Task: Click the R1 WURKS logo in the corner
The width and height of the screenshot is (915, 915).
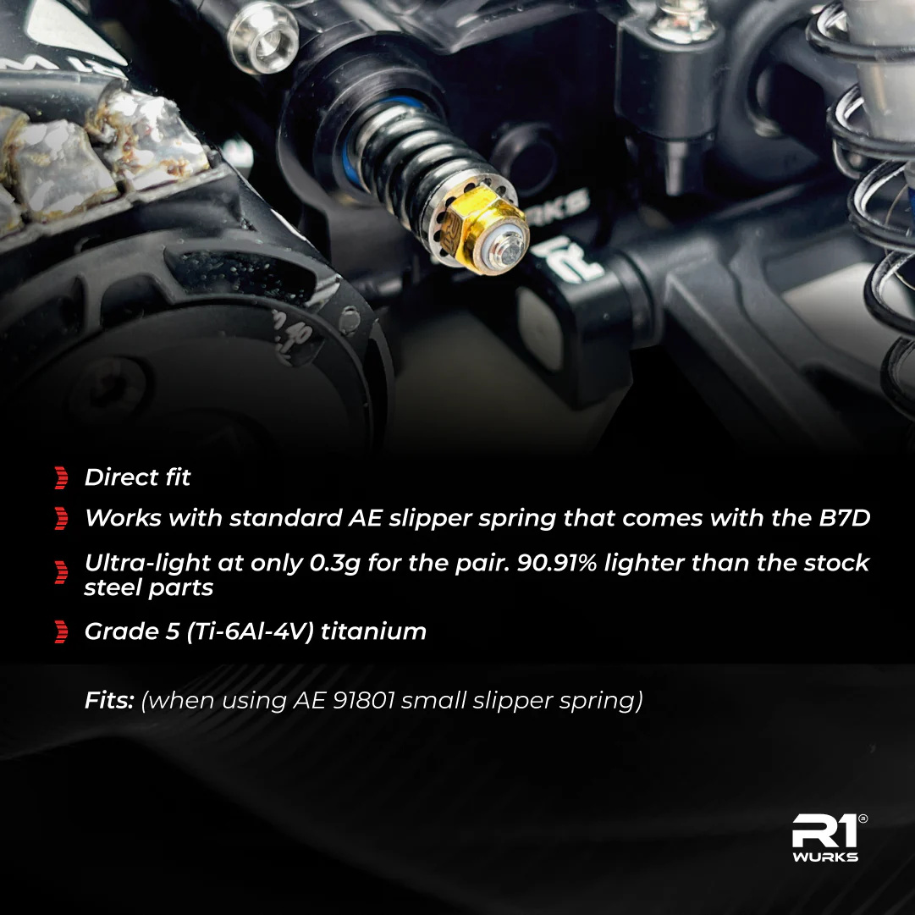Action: [x=828, y=838]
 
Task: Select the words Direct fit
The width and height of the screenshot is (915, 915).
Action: [x=137, y=477]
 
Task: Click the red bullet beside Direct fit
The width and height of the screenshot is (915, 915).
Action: [x=61, y=477]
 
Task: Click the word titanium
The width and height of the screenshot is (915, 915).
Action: [x=373, y=632]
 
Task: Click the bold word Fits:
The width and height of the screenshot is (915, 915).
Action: [x=109, y=700]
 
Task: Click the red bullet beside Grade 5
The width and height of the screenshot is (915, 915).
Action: [x=61, y=632]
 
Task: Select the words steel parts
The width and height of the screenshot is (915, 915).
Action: [x=149, y=587]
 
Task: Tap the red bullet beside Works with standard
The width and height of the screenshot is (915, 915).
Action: [x=61, y=518]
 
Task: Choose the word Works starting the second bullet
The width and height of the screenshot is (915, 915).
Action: [x=123, y=518]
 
